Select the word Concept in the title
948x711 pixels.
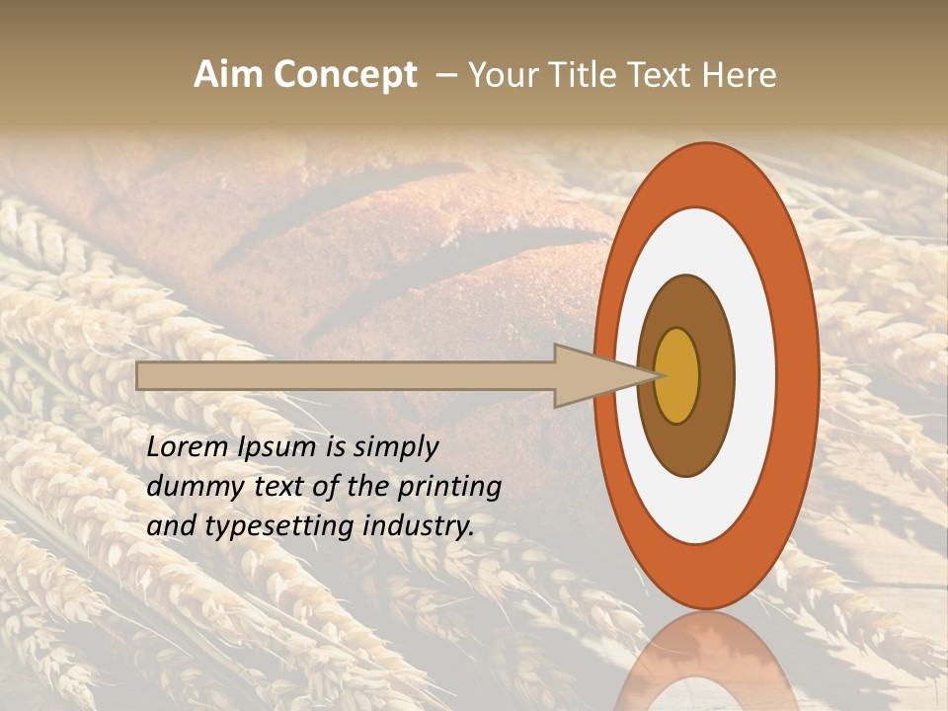pyautogui.click(x=346, y=75)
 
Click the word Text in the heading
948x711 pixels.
pyautogui.click(x=666, y=75)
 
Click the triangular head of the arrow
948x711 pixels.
pyautogui.click(x=592, y=375)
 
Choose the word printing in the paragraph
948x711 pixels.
pyautogui.click(x=448, y=487)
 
